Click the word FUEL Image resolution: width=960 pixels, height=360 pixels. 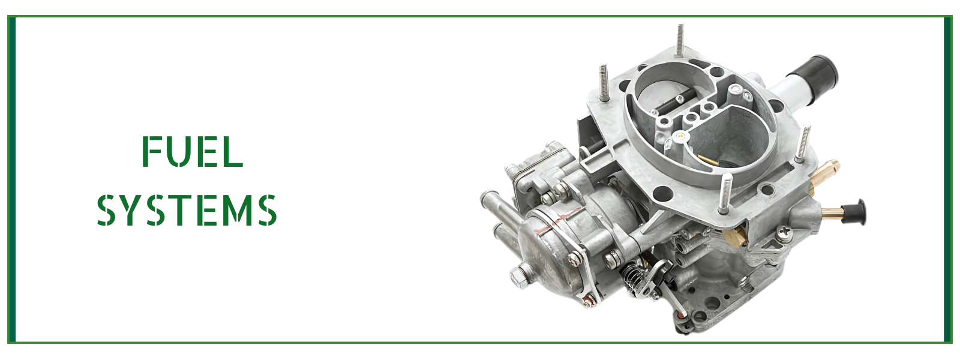coord(193,151)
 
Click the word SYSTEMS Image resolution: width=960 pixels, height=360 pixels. coord(187,210)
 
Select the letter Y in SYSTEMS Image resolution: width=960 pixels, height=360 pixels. coord(131,210)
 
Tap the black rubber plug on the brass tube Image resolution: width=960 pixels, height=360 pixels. coord(854,212)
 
